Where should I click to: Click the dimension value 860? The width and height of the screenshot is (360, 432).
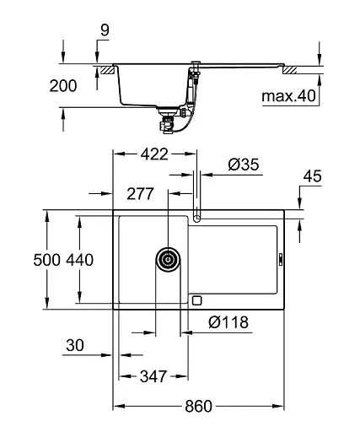tap(198, 407)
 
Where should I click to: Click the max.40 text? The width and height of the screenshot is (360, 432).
tap(287, 96)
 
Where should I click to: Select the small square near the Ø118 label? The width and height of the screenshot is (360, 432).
tap(197, 300)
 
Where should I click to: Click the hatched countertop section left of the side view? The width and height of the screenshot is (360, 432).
tap(104, 67)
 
